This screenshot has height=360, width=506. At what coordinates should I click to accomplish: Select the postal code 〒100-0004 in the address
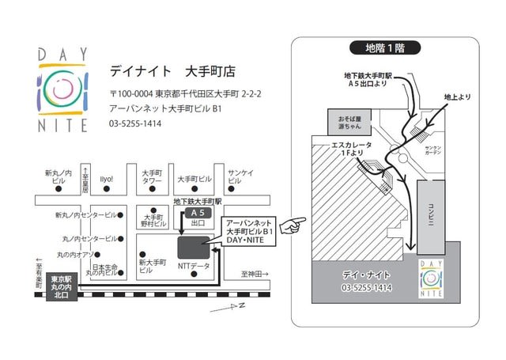click(130, 93)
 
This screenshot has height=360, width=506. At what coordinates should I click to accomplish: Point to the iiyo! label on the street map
click(107, 178)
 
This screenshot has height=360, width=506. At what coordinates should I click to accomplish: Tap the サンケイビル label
click(240, 176)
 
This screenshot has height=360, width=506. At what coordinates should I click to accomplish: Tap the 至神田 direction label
click(255, 275)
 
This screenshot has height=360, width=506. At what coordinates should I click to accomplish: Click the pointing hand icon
click(296, 225)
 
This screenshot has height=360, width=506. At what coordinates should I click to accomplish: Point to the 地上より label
click(458, 97)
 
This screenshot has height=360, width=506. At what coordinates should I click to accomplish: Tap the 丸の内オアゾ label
click(75, 254)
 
